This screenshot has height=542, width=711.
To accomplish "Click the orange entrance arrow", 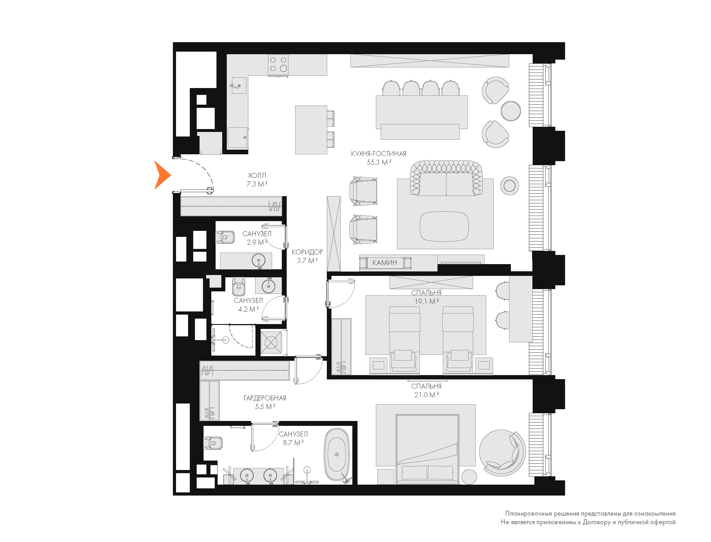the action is click(162, 175).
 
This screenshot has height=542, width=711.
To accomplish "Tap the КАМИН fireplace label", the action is click(385, 263).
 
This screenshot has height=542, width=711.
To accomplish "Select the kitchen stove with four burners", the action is click(278, 64).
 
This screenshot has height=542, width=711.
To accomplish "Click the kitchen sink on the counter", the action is click(239, 85).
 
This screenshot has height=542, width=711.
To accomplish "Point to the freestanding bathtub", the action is click(337, 455).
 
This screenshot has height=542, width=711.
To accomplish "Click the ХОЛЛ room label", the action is click(257, 176).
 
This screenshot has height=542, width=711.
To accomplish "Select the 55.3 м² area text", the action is click(379, 162).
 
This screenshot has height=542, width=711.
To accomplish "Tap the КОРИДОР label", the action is click(307, 252).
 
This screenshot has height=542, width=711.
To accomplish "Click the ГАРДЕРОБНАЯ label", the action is click(265, 398).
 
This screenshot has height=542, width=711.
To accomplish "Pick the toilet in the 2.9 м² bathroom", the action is click(225, 237).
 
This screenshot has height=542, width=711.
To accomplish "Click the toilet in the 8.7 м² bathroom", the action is click(213, 443).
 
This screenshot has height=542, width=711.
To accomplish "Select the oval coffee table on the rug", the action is click(444, 226).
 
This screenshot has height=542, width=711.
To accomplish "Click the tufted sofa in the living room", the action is click(446, 178).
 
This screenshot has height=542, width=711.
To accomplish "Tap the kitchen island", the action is click(311, 130).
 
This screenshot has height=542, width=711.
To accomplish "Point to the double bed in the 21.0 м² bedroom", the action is click(427, 449).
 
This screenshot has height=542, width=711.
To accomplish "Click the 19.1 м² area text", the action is click(427, 301).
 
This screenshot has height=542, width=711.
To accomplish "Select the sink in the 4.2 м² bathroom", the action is click(268, 286).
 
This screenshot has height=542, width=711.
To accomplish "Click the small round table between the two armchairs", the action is click(511, 111).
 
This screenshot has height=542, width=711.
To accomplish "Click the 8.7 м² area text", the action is click(293, 443).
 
